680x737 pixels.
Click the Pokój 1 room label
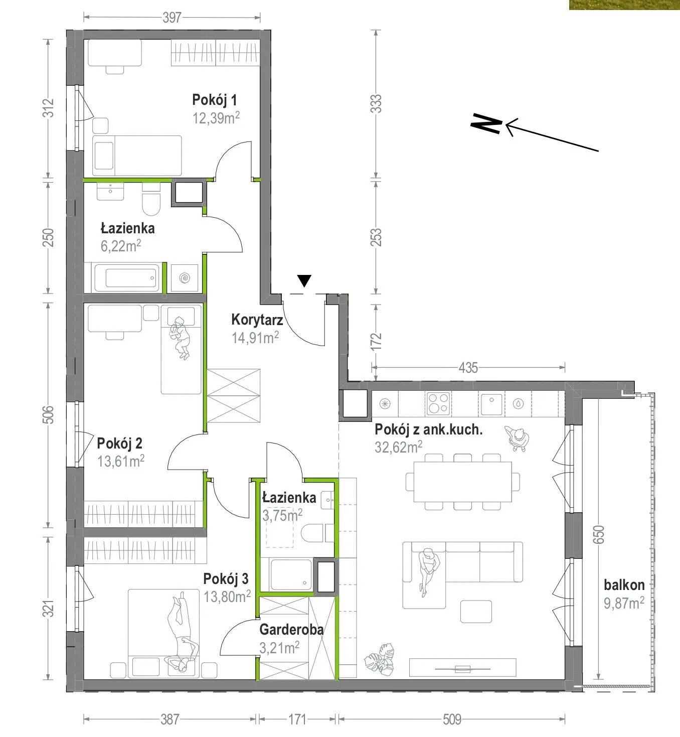pos(214,100)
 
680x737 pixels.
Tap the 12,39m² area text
pos(216,118)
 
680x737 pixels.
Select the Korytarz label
pos(257,320)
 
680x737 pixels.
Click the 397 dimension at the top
pos(172,18)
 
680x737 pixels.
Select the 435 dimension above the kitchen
pos(468,368)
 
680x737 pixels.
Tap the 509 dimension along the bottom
pos(452,719)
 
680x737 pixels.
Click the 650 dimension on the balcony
pos(598,535)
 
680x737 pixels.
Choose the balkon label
pos(624,585)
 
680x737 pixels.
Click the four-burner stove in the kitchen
pos(438,403)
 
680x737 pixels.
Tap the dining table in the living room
pos(462,482)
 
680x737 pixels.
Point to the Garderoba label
pos(291,629)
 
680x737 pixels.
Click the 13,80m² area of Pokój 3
pos(227,597)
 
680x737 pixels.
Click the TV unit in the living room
pos(462,667)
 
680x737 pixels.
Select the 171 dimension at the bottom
pos(297,719)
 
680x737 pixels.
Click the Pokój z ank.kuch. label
pos(428,430)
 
